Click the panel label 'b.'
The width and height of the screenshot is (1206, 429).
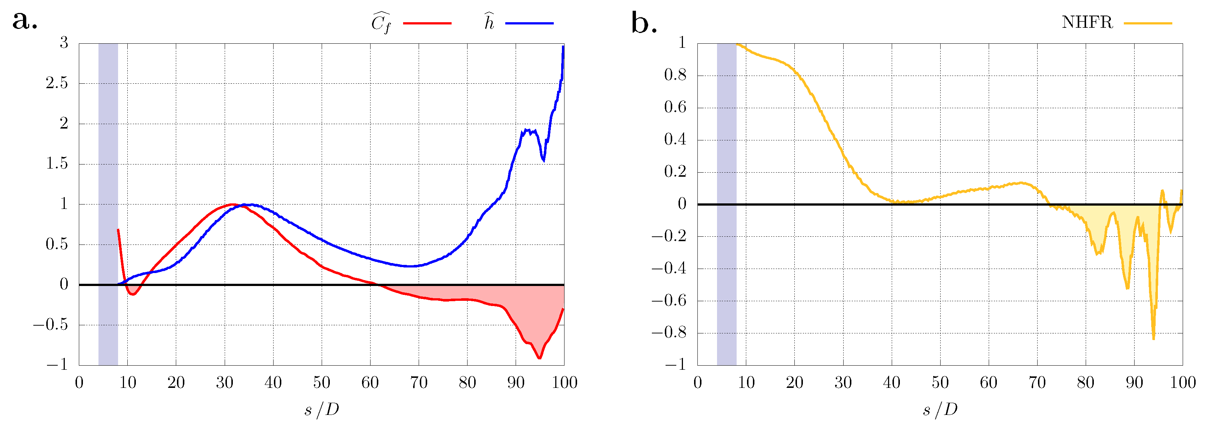[644, 23]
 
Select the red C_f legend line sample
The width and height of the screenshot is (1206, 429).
[427, 23]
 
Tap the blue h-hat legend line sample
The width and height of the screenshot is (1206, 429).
[529, 23]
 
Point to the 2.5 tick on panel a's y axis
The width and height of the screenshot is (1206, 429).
[57, 83]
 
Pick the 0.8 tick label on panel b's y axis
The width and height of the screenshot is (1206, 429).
[675, 76]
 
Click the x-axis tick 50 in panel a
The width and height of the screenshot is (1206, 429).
[322, 383]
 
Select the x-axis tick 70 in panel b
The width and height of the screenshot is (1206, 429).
[1037, 383]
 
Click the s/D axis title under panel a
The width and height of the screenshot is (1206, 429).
[322, 410]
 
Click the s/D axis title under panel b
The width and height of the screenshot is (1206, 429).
[940, 410]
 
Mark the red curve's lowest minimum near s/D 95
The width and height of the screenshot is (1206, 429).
[539, 358]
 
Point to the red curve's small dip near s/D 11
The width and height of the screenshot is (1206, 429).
[133, 294]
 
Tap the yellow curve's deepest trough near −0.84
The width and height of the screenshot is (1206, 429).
[1153, 339]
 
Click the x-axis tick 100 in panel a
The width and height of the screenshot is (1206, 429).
[564, 383]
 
